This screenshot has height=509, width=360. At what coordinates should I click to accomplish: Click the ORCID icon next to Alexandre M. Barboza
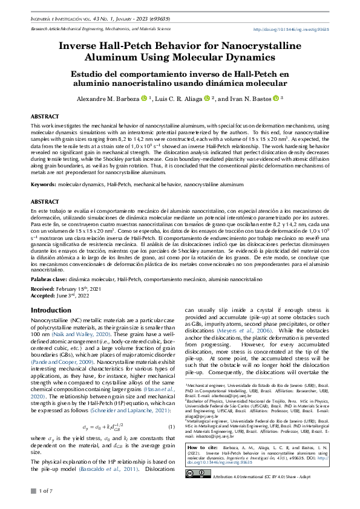[144, 98]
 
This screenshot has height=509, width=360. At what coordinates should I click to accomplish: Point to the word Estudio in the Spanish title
[91, 74]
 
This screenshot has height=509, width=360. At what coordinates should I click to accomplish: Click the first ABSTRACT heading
[45, 114]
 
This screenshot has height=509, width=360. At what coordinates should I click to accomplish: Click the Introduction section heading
[50, 310]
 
